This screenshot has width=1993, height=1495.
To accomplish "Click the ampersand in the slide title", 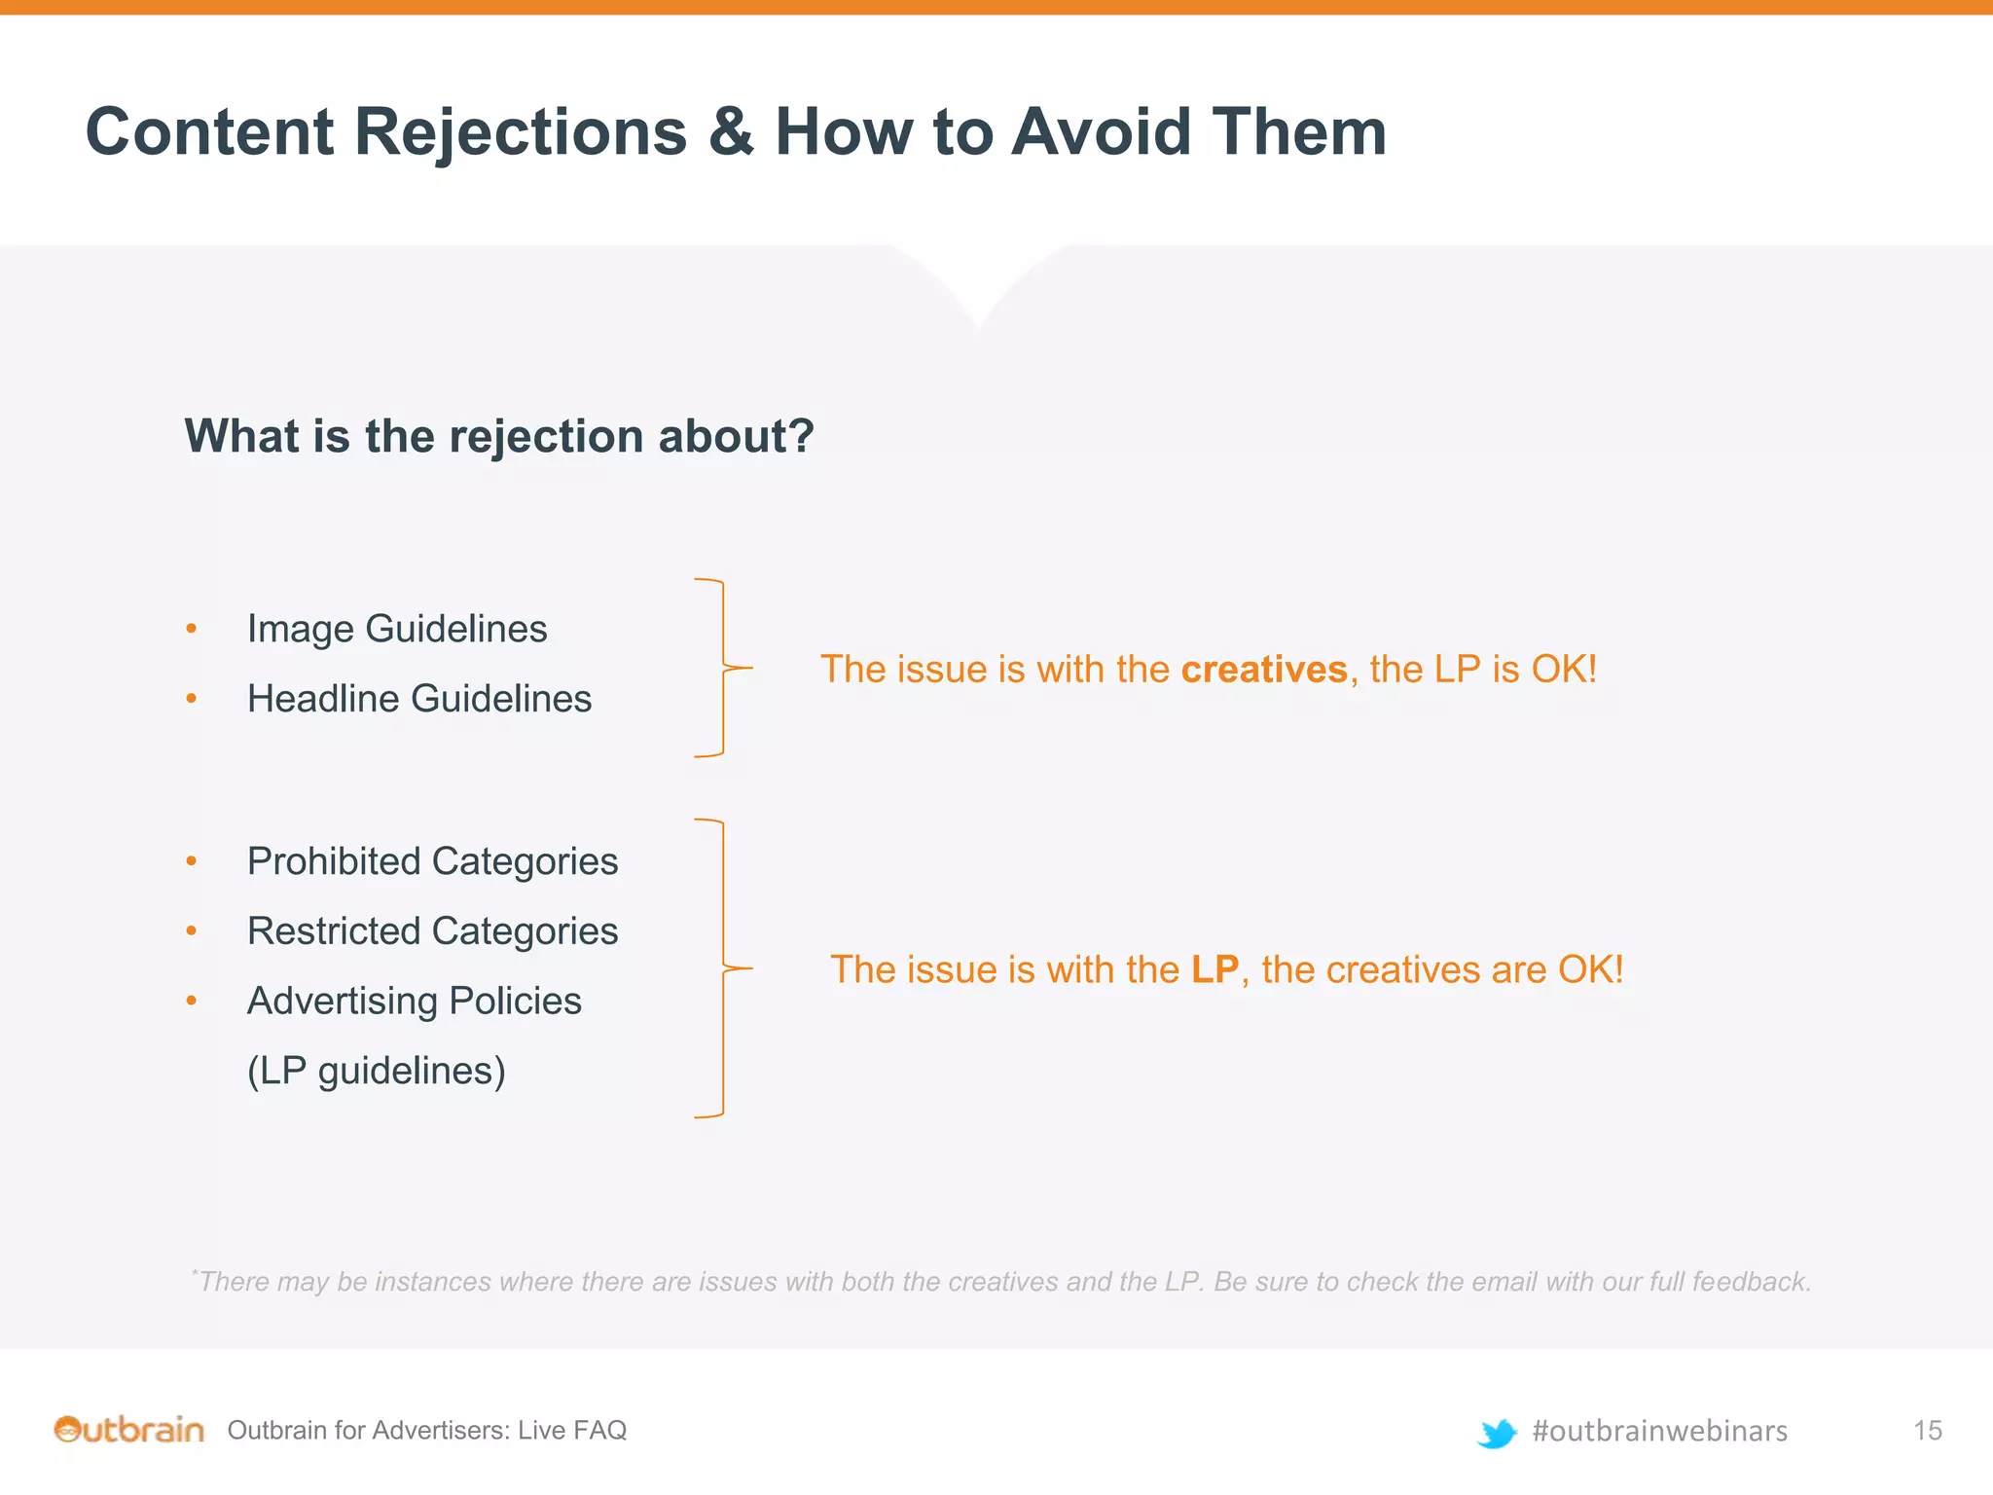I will click(731, 132).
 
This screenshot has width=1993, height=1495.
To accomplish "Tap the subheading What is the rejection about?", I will click(499, 435).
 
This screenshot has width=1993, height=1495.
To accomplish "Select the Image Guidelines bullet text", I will click(397, 629).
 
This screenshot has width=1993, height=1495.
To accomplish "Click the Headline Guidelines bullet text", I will click(419, 699).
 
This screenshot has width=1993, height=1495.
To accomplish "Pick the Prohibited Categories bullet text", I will click(432, 861).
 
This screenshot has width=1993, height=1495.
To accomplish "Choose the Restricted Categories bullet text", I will click(432, 931).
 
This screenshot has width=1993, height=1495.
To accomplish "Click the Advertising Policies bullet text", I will click(414, 1002).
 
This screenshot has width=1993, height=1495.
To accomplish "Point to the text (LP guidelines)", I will click(377, 1071).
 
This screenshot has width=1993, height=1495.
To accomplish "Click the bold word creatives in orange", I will click(1263, 670).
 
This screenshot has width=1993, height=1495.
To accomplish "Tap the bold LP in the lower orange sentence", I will click(1214, 970).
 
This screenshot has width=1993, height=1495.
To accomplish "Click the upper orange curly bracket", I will click(723, 668).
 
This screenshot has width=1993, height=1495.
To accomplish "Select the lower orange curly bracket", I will click(723, 968).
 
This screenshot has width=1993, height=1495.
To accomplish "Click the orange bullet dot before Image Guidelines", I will click(192, 630).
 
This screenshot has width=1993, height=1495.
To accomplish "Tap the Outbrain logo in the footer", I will click(128, 1430).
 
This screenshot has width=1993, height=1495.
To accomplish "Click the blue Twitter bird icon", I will click(1497, 1433).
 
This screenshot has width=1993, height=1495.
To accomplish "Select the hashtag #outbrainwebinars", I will click(1659, 1431).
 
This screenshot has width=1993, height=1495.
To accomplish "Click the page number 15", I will click(1927, 1431).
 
